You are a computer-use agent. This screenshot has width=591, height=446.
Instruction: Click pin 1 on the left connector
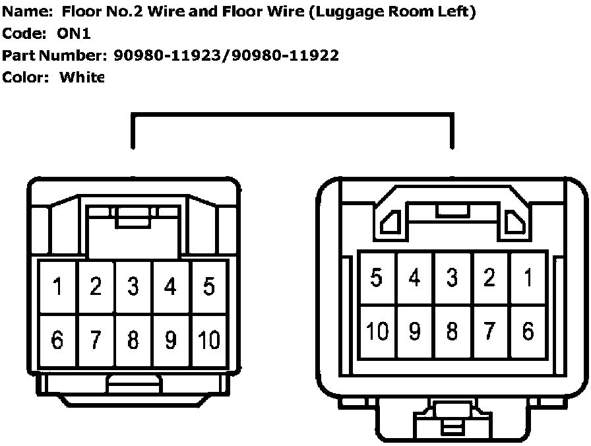point(58,287)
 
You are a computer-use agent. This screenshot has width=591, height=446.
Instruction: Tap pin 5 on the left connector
point(209,287)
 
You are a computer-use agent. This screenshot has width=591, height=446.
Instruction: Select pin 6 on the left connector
point(58,340)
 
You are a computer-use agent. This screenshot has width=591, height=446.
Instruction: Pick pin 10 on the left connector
point(209,340)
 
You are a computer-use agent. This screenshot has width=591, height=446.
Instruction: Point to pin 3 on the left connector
point(134,287)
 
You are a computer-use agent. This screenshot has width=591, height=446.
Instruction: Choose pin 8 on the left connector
point(134,340)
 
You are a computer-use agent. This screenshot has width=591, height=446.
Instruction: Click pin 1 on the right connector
point(528,278)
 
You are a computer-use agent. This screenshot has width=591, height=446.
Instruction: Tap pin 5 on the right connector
point(377,278)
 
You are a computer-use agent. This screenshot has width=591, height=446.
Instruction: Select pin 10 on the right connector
point(377,331)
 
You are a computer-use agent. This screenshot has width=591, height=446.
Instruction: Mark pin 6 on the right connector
point(528,331)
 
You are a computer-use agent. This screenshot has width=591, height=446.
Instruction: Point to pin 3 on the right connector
point(452,278)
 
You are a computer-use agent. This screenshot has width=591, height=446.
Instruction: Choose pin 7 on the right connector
point(489,331)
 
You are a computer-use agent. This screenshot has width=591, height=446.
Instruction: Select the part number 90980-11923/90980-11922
point(226,55)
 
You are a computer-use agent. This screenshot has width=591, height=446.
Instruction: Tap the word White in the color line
point(82,77)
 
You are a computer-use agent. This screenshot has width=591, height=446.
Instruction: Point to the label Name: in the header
point(26,12)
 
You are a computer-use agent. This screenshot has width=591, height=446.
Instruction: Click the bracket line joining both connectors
point(293,115)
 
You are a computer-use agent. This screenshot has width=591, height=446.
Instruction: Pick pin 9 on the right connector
point(414,331)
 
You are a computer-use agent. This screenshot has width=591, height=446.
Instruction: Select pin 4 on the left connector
point(171,287)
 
